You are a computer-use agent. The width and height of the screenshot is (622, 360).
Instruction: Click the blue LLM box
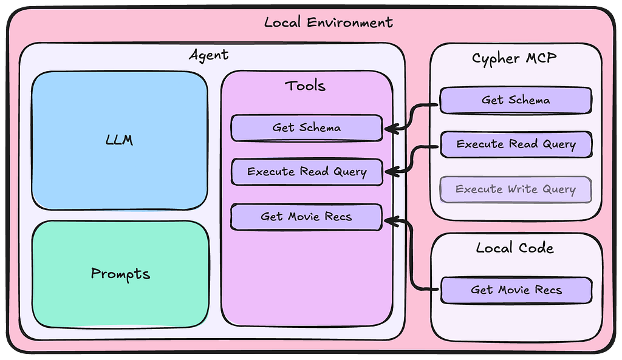pyautogui.click(x=120, y=140)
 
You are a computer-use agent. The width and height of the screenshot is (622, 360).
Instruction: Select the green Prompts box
pyautogui.click(x=121, y=274)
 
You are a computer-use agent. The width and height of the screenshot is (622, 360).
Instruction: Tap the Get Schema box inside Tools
pyautogui.click(x=307, y=127)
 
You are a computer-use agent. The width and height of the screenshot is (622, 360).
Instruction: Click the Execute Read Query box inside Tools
pyautogui.click(x=307, y=172)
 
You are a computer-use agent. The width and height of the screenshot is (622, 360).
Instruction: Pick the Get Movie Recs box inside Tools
pyautogui.click(x=306, y=217)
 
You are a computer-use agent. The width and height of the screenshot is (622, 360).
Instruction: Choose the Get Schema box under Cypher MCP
pyautogui.click(x=516, y=100)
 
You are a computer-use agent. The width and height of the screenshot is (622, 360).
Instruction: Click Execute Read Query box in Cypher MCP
pyautogui.click(x=516, y=144)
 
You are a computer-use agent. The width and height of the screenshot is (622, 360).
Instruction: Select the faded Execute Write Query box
pyautogui.click(x=516, y=189)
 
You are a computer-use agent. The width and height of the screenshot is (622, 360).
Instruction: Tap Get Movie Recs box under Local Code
pyautogui.click(x=516, y=290)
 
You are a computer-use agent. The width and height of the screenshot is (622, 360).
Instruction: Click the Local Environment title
pyautogui.click(x=329, y=22)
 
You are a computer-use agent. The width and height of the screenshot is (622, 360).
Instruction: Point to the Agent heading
pyautogui.click(x=209, y=55)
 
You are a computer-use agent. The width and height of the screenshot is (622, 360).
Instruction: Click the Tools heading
pyautogui.click(x=305, y=86)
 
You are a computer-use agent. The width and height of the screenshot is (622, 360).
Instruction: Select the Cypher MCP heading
pyautogui.click(x=514, y=59)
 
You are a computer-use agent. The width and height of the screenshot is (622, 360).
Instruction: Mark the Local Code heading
pyautogui.click(x=515, y=248)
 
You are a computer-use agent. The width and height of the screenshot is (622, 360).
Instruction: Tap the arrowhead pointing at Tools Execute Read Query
pyautogui.click(x=391, y=172)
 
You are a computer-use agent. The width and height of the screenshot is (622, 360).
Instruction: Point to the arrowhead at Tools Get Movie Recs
pyautogui.click(x=391, y=221)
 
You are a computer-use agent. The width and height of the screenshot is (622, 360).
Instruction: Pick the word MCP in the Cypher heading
pyautogui.click(x=541, y=58)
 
